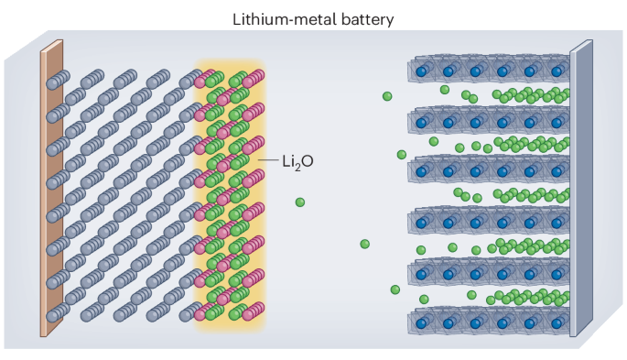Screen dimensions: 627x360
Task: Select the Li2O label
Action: pos(297,162)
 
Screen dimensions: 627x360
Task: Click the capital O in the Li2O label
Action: pos(308,161)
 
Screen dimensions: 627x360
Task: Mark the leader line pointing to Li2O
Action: pos(268,160)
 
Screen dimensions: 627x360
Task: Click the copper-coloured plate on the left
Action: pos(51,188)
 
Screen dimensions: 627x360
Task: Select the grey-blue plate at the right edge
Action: pos(581,188)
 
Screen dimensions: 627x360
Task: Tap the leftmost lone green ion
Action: pos(300,202)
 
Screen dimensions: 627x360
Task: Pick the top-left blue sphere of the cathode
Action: pos(421,72)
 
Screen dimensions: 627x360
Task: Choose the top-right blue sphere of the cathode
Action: pos(557,72)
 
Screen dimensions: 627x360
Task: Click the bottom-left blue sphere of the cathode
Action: pos(421,323)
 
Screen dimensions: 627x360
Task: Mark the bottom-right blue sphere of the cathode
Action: pos(557,323)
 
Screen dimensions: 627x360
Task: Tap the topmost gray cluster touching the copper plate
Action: pos(58,80)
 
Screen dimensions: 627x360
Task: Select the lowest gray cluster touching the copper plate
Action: pos(58,312)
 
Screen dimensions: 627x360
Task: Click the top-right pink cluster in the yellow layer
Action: pos(254,79)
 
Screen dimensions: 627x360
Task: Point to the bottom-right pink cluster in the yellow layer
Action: pos(254,311)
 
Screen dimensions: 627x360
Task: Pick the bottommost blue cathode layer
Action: pos(489,320)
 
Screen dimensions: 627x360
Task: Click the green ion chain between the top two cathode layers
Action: pos(532,95)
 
